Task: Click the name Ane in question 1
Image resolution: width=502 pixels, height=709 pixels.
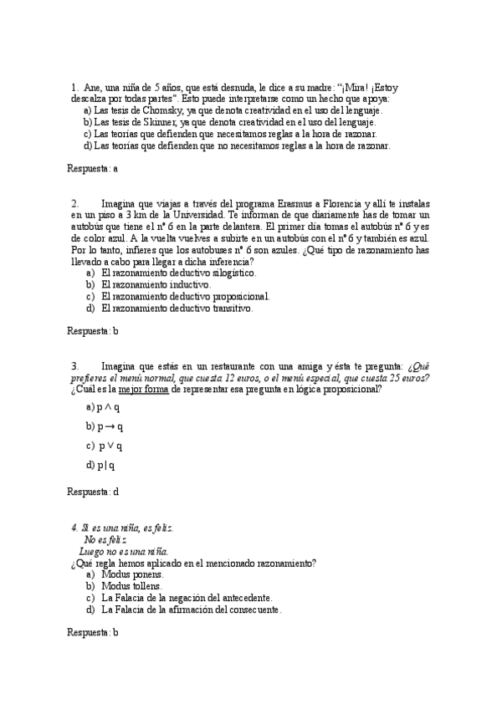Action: click(x=92, y=86)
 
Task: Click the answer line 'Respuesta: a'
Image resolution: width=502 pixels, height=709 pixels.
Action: click(x=92, y=168)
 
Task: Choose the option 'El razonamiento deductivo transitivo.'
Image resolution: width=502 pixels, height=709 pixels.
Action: click(x=176, y=308)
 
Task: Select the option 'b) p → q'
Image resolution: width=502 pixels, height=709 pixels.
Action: click(x=104, y=426)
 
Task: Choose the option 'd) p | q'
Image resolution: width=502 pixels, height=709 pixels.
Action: click(x=101, y=465)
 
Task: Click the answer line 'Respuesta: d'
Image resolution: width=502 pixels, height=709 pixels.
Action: click(x=92, y=492)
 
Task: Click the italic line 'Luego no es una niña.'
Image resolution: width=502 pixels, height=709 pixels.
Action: click(x=123, y=552)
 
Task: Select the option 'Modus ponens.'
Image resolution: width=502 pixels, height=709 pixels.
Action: click(x=132, y=574)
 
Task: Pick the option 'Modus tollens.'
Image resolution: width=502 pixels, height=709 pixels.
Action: click(x=132, y=586)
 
